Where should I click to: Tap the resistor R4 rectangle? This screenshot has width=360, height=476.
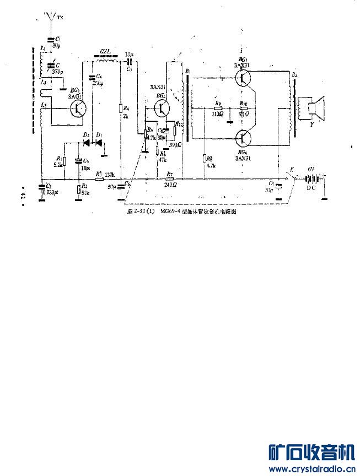(x=120, y=109)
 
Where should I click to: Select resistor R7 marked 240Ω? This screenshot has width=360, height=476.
(x=169, y=178)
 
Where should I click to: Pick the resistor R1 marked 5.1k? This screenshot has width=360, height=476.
(x=65, y=161)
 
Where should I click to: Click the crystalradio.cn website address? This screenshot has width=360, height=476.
(x=311, y=469)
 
